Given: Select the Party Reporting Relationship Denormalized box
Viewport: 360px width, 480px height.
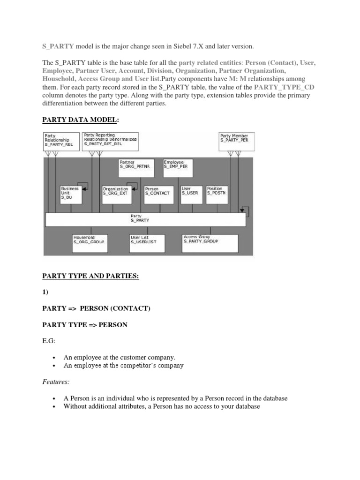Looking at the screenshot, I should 111,141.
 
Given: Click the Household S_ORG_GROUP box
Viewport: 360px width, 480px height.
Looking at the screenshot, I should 90,243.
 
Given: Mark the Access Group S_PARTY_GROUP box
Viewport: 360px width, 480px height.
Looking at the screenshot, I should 210,243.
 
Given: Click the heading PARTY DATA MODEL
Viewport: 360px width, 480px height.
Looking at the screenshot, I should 81,120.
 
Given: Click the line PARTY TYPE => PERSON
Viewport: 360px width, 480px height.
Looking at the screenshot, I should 85,325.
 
